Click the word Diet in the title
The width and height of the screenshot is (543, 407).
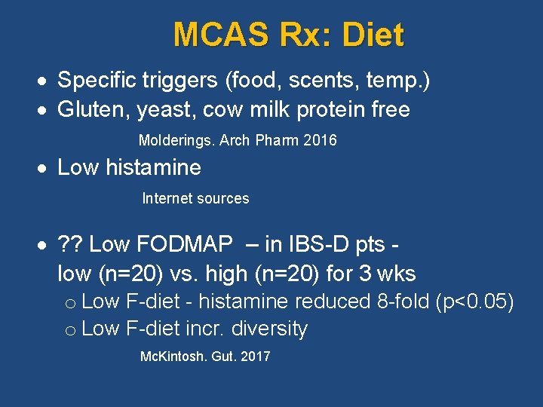(x=373, y=35)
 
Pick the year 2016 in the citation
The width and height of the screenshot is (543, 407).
(x=320, y=141)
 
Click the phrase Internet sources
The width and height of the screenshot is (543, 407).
(x=195, y=199)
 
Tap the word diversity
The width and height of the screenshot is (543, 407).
(x=270, y=329)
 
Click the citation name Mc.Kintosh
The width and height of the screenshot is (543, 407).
(x=173, y=357)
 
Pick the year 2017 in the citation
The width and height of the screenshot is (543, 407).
(x=254, y=357)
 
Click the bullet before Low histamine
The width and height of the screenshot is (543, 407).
(x=46, y=168)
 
